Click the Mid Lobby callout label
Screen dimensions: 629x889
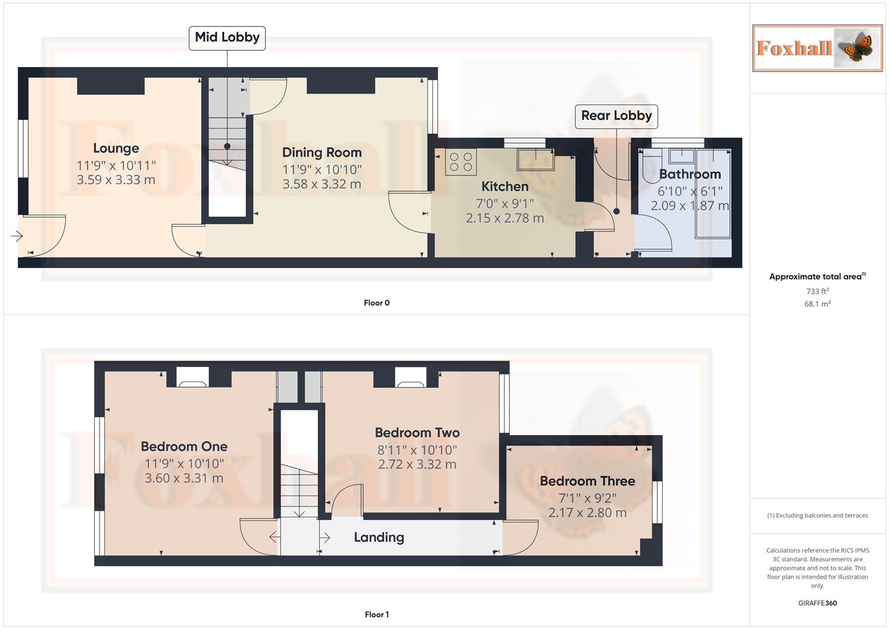[x=227, y=38]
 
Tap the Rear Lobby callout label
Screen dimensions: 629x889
[x=616, y=116]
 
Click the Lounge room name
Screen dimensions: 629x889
[x=116, y=149]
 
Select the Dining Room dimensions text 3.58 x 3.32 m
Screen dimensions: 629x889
[x=321, y=184]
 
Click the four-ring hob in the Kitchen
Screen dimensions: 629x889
[x=461, y=162]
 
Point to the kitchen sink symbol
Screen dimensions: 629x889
[x=536, y=159]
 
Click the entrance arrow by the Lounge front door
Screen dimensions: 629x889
[x=17, y=236]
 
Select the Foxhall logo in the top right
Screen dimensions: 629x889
[x=817, y=48]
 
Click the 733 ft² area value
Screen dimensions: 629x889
[x=817, y=291]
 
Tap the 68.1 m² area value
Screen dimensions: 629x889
[x=817, y=304]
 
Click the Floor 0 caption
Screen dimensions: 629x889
[x=377, y=303]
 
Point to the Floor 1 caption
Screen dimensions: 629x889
[x=377, y=614]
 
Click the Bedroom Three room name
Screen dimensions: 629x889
[x=587, y=481]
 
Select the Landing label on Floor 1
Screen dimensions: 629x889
[x=378, y=538]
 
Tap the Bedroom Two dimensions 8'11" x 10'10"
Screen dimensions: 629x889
[x=417, y=450]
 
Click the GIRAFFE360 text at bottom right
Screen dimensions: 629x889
[x=817, y=603]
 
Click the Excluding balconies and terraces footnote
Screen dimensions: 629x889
[x=817, y=515]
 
